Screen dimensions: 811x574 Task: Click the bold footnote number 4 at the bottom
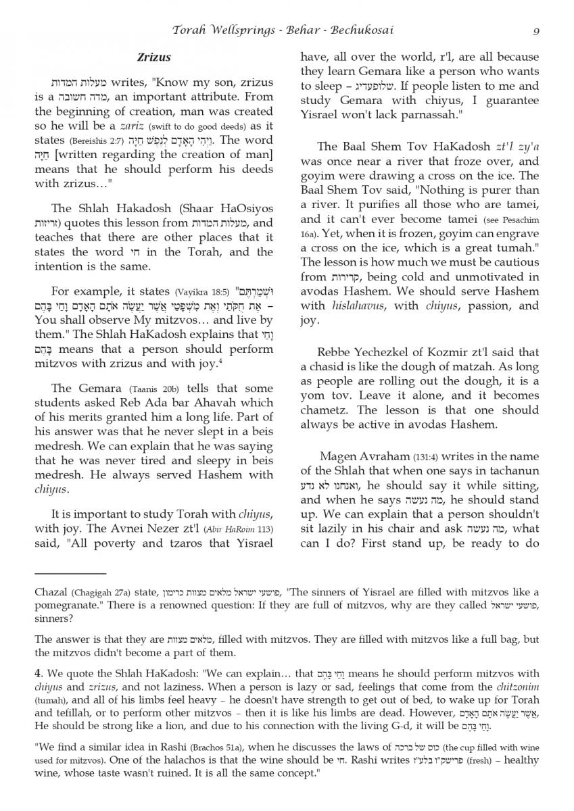click(39, 673)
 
